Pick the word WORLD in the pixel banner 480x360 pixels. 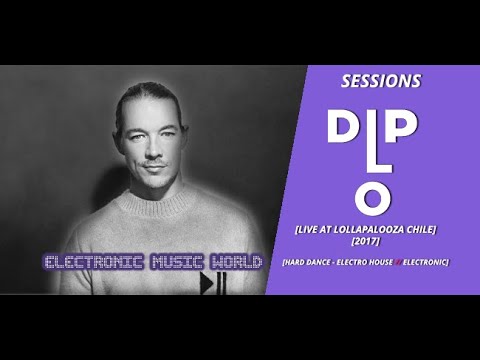click(x=234, y=263)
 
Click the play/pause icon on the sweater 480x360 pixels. click(x=212, y=286)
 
